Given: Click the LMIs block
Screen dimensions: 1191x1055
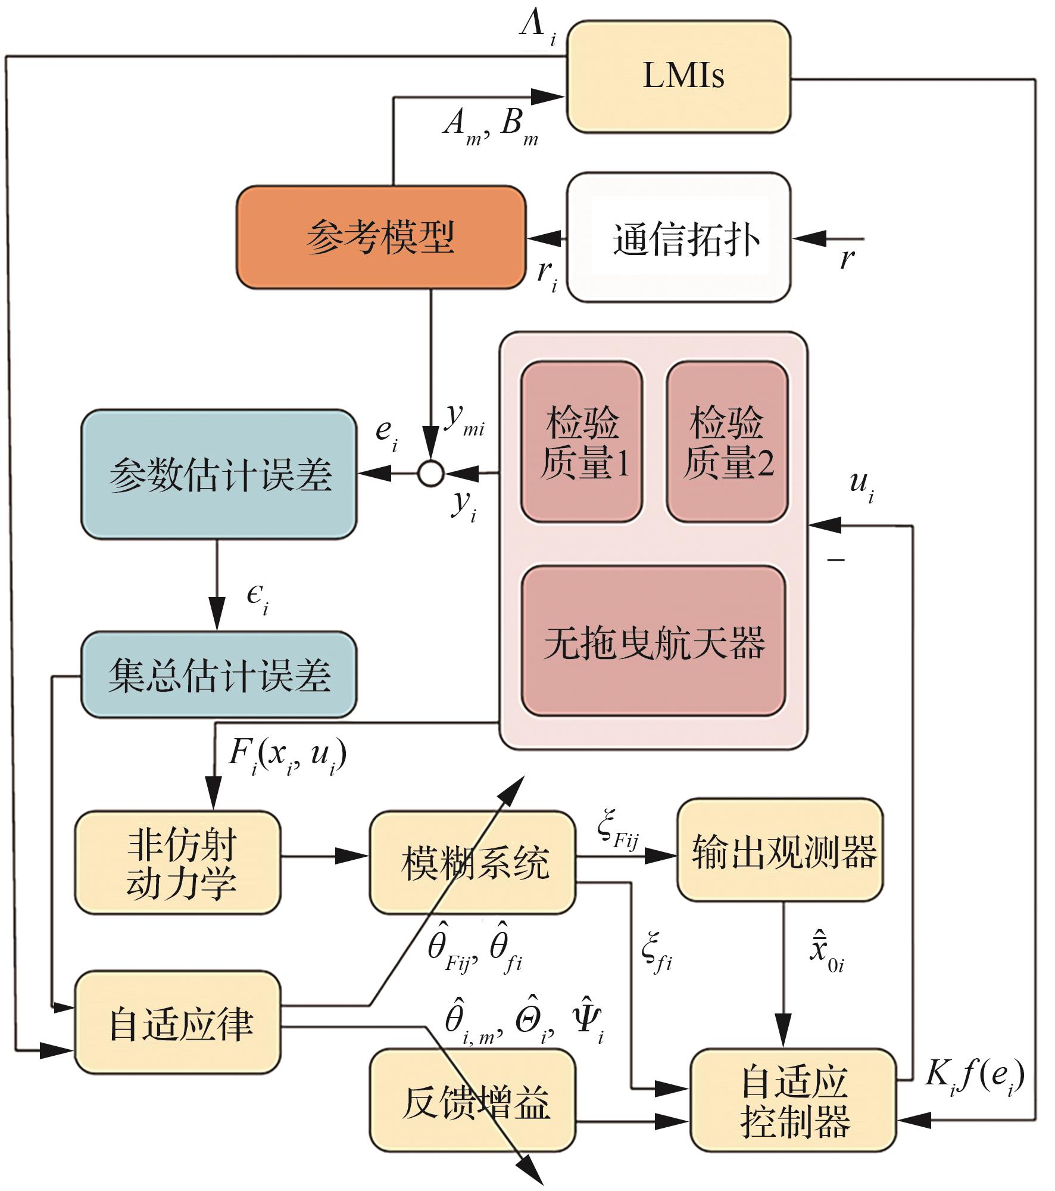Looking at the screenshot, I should [678, 76].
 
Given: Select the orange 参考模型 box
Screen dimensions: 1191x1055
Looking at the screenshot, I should [381, 237].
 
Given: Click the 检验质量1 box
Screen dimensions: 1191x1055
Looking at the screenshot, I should [582, 441].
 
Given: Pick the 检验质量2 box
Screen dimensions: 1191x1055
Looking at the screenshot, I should [727, 441].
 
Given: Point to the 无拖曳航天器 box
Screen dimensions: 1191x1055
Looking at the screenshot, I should [654, 641].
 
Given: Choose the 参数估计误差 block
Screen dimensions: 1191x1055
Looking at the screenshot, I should [219, 474].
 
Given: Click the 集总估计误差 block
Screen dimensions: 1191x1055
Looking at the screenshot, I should [219, 674].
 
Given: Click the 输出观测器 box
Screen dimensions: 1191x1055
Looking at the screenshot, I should [780, 850].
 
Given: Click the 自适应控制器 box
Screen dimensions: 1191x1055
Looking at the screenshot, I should [793, 1100].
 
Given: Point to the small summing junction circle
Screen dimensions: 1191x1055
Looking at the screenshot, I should [430, 474].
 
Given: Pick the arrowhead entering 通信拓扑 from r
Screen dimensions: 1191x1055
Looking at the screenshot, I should [809, 239].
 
